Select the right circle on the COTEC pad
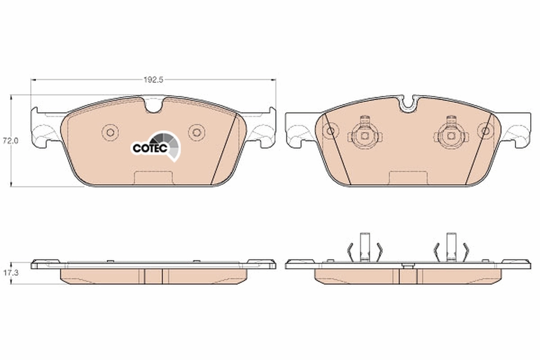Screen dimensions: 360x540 (x=196, y=132)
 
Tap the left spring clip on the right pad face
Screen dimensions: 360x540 (x=364, y=134)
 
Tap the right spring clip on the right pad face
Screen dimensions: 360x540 (x=450, y=134)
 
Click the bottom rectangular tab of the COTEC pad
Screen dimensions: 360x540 (x=153, y=178)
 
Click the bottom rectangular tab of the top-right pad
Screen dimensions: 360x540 (x=408, y=178)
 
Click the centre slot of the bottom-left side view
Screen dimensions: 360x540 (x=153, y=276)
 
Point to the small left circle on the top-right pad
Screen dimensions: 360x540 (x=331, y=131)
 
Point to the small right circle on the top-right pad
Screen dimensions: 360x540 (x=485, y=131)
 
